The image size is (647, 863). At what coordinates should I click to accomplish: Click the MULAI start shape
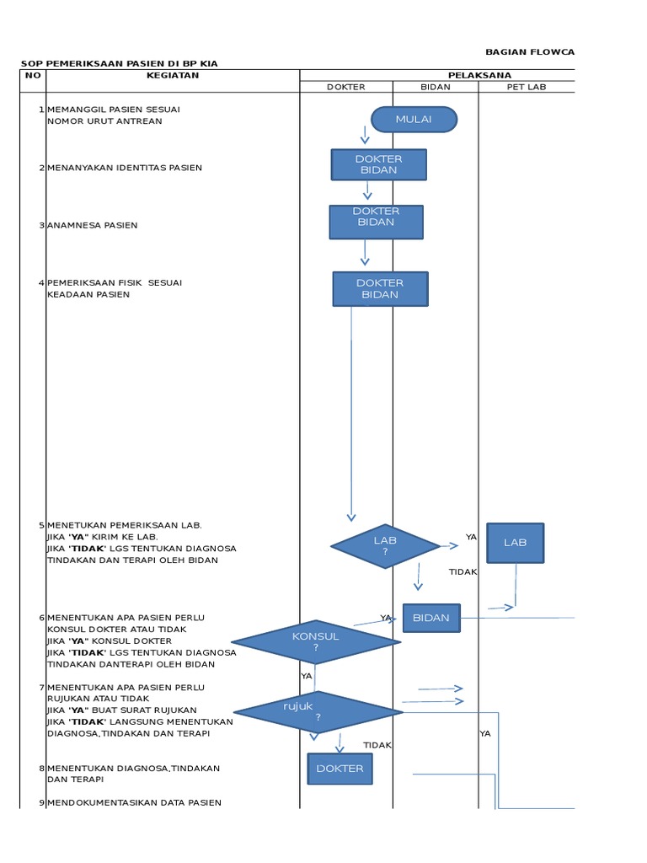tap(414, 120)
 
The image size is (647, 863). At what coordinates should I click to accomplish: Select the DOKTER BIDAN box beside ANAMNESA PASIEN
tap(376, 222)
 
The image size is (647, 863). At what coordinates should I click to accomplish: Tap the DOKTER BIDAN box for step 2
tap(378, 164)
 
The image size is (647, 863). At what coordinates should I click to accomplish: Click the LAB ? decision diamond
tap(385, 546)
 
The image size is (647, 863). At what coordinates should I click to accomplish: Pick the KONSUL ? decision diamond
tap(316, 642)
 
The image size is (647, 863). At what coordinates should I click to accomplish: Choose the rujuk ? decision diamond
tap(318, 712)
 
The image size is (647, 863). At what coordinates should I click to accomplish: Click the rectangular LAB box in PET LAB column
tap(515, 543)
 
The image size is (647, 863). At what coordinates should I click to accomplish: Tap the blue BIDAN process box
tap(431, 618)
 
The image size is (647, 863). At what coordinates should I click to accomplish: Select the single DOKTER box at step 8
tap(340, 769)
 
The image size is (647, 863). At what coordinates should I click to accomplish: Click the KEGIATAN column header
tap(173, 75)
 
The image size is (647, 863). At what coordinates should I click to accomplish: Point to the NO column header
tap(33, 75)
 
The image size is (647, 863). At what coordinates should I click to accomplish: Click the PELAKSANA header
tap(479, 75)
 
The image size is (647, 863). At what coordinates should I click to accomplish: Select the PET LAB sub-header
tap(527, 87)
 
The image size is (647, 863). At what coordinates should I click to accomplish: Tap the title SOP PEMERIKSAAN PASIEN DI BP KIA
tap(125, 64)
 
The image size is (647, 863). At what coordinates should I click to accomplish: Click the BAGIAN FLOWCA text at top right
tap(530, 52)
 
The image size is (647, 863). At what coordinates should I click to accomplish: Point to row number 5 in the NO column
tap(41, 524)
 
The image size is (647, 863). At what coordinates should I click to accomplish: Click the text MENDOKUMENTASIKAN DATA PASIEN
tap(135, 802)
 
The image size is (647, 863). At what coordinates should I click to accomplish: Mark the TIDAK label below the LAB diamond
tap(463, 571)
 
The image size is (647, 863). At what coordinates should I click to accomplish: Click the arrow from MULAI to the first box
tap(366, 136)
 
